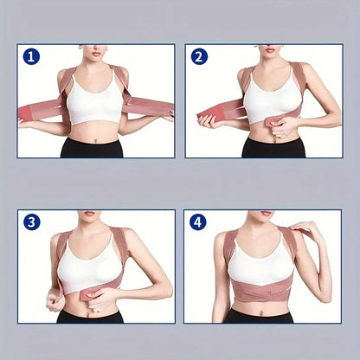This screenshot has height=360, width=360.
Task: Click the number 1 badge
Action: (x=32, y=57)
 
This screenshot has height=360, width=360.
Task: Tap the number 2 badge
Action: (x=199, y=57)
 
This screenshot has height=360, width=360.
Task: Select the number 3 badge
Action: (x=32, y=222)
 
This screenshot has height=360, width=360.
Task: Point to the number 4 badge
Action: (x=199, y=222)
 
